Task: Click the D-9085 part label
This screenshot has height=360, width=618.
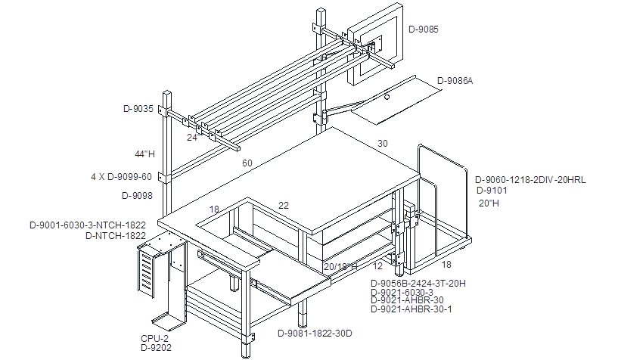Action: pyautogui.click(x=424, y=29)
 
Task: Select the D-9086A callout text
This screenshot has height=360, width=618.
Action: pyautogui.click(x=455, y=81)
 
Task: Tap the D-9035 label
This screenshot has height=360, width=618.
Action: pyautogui.click(x=138, y=109)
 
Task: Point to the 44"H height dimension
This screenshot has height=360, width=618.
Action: pyautogui.click(x=144, y=154)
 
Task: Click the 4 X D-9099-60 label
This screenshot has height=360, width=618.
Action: pyautogui.click(x=121, y=177)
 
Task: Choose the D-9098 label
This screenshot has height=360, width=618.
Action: pyautogui.click(x=137, y=195)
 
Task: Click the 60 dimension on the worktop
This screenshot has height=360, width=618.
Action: pyautogui.click(x=247, y=163)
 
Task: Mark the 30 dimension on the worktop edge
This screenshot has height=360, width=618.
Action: pyautogui.click(x=382, y=144)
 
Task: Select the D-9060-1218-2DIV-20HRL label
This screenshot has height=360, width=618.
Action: pyautogui.click(x=530, y=180)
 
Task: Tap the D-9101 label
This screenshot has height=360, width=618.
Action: pyautogui.click(x=492, y=191)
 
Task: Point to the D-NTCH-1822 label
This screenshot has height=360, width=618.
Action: pyautogui.click(x=116, y=236)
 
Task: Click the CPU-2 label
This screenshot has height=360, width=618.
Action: pyautogui.click(x=154, y=338)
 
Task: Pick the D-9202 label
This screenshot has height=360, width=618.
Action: pyautogui.click(x=156, y=348)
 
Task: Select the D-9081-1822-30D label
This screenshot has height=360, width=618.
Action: pyautogui.click(x=315, y=334)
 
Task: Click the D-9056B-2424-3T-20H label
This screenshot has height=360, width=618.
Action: pyautogui.click(x=418, y=283)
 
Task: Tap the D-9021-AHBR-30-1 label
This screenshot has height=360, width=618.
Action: pyautogui.click(x=411, y=309)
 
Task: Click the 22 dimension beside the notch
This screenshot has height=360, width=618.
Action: pyautogui.click(x=284, y=205)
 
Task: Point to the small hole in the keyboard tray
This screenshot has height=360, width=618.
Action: pyautogui.click(x=387, y=97)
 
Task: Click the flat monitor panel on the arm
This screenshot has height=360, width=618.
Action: pyautogui.click(x=375, y=44)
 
